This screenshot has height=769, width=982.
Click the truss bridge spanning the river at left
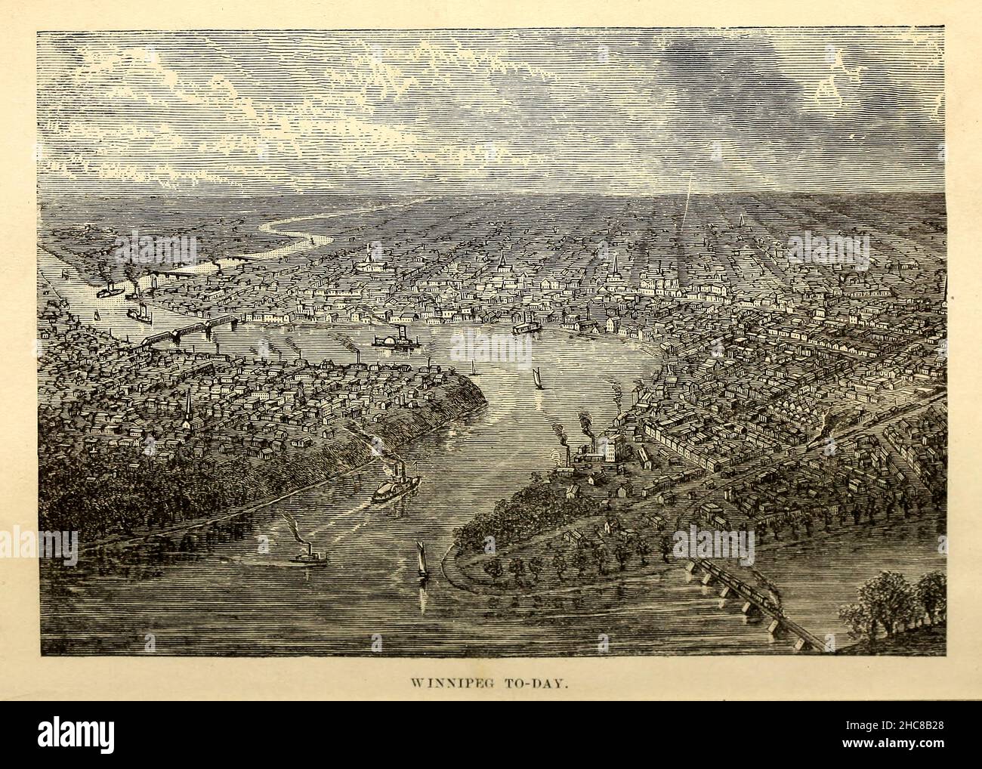point(185,333)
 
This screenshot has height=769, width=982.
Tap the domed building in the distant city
point(369,265)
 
